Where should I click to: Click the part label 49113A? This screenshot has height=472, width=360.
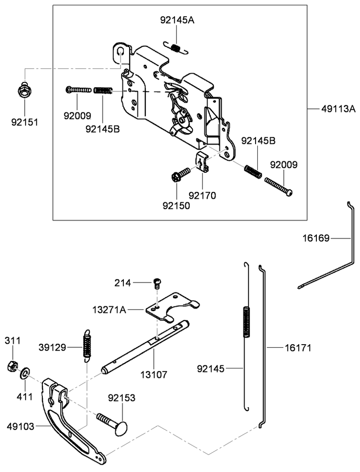tap(338, 109)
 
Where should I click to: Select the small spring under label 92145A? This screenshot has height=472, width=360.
tap(176, 48)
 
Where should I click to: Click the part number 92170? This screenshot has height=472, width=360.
tap(202, 196)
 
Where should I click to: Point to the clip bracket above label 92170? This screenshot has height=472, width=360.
tap(202, 162)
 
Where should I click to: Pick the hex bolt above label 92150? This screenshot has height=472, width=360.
tap(180, 174)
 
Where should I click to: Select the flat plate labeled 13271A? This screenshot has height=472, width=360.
tap(173, 307)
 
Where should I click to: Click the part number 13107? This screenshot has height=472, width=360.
tap(153, 375)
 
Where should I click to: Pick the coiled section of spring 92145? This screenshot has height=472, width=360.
tap(246, 322)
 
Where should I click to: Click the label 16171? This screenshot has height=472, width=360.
tap(298, 348)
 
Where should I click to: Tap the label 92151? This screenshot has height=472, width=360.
tap(25, 122)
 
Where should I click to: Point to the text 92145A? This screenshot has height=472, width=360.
tap(177, 20)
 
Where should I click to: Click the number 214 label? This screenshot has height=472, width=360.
tap(122, 283)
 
